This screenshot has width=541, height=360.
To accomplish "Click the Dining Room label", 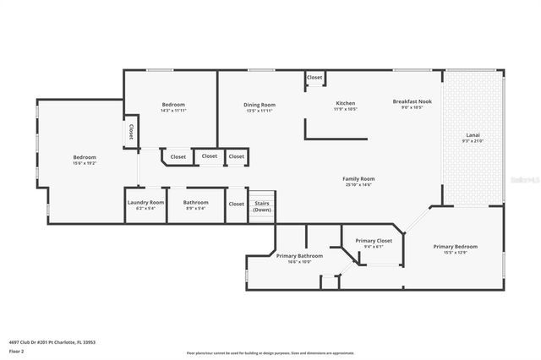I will [x=260, y=105].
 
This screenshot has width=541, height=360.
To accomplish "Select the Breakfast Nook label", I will [x=413, y=102].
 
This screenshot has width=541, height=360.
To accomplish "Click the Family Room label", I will [x=358, y=179].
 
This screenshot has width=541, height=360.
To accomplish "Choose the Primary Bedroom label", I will [x=456, y=247].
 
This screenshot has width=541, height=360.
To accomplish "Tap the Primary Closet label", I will [x=373, y=241].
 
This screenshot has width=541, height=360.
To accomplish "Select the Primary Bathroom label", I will [x=299, y=255].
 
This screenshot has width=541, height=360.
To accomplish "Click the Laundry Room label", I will [x=145, y=203].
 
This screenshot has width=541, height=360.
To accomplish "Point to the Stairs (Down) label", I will [x=262, y=206].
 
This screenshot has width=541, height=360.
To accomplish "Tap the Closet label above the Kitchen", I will [x=314, y=78].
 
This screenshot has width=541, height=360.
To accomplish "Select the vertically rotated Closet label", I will [x=131, y=133].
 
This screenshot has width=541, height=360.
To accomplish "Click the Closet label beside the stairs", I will [x=237, y=204].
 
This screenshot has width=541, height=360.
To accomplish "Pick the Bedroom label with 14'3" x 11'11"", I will [x=173, y=105].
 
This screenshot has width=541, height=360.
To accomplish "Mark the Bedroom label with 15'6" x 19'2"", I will [x=85, y=157].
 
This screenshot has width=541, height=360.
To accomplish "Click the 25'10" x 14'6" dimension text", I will [x=358, y=185].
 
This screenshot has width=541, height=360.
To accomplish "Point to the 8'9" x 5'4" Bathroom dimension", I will [x=196, y=209].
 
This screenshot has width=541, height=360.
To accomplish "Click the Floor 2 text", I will [x=17, y=350].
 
